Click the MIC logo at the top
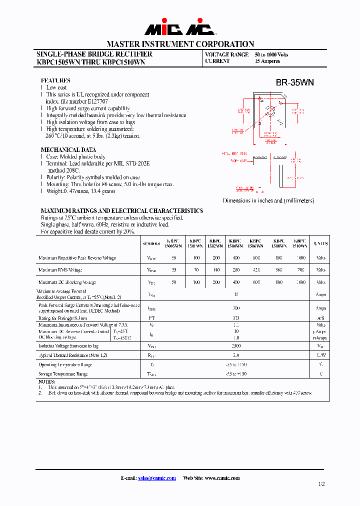(180, 28)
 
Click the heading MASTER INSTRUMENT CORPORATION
(180, 44)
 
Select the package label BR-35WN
(294, 82)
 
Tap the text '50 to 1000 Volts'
(271, 54)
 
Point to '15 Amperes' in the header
(267, 61)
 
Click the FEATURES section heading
(55, 80)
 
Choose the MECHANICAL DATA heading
(68, 150)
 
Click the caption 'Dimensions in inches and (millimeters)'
(268, 200)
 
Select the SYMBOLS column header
(151, 243)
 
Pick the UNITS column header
(320, 243)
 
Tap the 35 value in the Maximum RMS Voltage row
(173, 270)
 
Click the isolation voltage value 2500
(237, 345)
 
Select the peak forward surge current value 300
(237, 308)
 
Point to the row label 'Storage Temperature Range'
(63, 373)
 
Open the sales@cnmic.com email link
(157, 478)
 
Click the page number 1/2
(320, 484)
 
